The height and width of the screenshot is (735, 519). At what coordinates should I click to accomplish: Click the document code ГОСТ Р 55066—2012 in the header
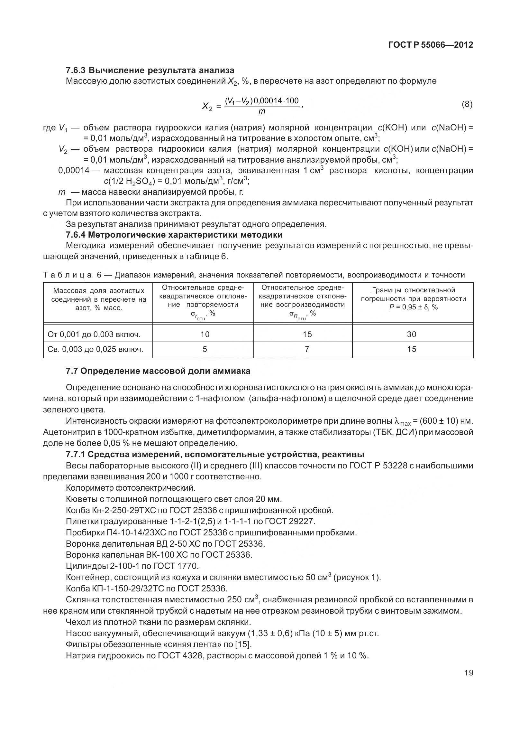pos(431,45)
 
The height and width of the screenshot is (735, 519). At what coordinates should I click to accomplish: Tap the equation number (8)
pos(467,105)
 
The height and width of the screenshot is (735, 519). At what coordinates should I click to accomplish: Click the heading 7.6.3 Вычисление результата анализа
pos(150,70)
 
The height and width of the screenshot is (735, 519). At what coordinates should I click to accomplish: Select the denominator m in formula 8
pos(262,112)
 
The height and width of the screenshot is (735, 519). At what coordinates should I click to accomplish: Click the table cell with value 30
pos(412,334)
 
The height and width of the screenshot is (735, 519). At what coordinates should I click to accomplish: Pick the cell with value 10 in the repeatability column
pos(205,334)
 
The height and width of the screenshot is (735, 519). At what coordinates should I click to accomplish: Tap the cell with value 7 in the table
pos(307,349)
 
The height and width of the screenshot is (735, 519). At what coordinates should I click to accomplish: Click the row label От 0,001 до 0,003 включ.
pos(94,335)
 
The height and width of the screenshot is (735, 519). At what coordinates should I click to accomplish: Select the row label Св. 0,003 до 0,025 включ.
pos(95,349)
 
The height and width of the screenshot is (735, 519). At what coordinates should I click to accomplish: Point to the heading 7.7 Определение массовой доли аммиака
pos(158,371)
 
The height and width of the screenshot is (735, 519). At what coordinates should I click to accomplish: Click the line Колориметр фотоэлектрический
pos(131,488)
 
